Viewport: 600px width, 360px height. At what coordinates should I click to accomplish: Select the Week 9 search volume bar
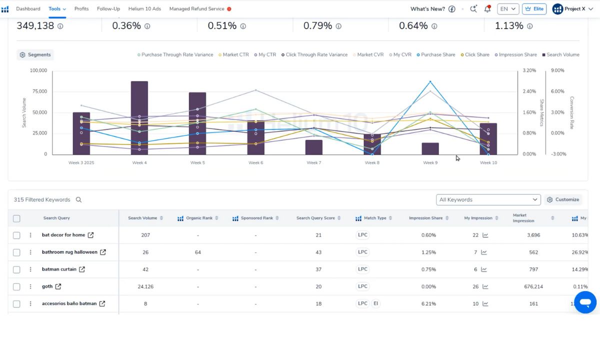(x=430, y=148)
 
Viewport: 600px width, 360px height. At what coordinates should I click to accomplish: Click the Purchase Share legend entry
(x=436, y=55)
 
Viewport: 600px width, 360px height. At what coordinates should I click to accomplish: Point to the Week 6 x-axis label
(x=255, y=162)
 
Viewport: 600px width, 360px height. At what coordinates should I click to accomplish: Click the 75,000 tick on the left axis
(x=38, y=91)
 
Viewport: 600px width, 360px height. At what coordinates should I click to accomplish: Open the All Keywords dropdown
(x=488, y=199)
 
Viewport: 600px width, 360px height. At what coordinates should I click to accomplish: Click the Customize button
(x=563, y=199)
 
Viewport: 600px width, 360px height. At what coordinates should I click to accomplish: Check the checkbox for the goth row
(x=16, y=286)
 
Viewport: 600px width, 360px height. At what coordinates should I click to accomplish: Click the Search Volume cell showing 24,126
(x=145, y=286)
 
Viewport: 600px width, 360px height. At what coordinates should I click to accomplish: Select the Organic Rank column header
(x=199, y=218)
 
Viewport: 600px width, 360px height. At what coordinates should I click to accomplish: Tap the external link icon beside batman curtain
(x=82, y=269)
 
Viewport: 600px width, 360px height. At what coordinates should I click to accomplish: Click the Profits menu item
(x=81, y=9)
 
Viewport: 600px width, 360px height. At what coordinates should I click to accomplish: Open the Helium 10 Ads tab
(x=145, y=9)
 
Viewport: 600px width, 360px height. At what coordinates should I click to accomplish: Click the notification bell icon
(x=487, y=9)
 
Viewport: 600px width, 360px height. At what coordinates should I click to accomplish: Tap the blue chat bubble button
(x=585, y=302)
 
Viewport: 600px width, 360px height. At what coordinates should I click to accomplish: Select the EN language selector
(x=507, y=9)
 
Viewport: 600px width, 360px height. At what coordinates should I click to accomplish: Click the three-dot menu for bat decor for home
(x=30, y=235)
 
